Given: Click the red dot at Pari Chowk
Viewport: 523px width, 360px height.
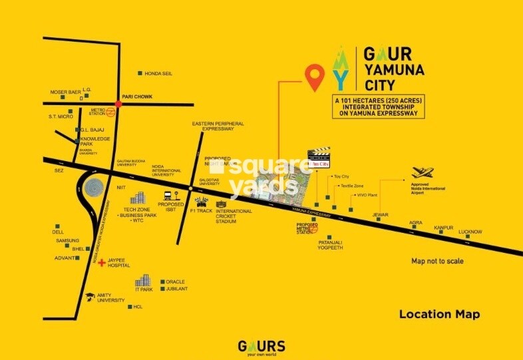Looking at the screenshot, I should click(118, 104).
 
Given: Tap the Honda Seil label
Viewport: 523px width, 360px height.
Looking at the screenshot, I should click(158, 73).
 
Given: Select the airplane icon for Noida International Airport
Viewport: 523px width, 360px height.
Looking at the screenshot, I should click(423, 173).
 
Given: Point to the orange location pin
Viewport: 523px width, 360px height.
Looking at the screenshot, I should click(315, 77).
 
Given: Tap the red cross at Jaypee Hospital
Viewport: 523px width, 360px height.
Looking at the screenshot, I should click(101, 263).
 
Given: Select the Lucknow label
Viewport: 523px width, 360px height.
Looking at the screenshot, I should click(470, 232).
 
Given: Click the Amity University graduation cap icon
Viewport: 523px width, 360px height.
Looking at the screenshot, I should click(90, 294).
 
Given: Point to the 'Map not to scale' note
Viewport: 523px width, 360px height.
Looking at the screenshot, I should click(437, 262).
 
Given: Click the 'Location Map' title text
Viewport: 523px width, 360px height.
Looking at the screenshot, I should click(439, 314).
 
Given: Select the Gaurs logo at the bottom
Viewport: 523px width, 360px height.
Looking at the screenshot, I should click(261, 347).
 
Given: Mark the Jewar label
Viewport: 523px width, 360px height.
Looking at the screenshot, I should click(380, 215).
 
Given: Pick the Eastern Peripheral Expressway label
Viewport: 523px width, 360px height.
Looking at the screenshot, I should click(218, 127).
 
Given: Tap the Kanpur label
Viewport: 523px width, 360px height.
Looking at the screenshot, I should click(444, 228).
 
